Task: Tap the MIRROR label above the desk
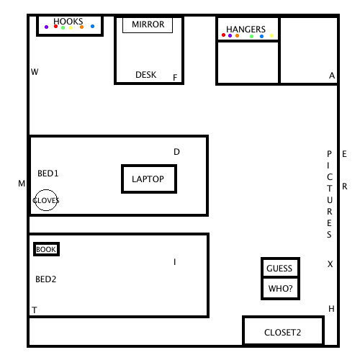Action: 148,24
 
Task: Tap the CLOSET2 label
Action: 282,333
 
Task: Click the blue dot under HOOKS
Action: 92,26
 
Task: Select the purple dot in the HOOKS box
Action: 46,27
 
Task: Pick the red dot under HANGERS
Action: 223,35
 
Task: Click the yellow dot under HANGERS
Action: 271,36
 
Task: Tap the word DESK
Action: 146,75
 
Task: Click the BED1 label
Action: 48,174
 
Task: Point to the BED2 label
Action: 46,279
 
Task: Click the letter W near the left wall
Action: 35,71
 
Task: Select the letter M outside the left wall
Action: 22,184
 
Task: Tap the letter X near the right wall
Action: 330,264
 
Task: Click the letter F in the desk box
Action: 175,77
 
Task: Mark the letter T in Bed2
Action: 35,310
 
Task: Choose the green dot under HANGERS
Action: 251,37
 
